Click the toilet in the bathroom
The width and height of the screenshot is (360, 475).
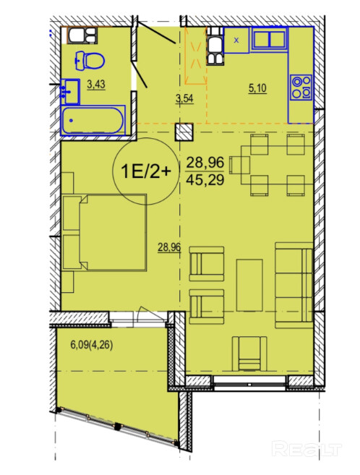[90, 60]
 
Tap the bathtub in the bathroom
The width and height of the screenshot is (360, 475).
[93, 120]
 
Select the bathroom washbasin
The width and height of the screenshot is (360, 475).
[70, 91]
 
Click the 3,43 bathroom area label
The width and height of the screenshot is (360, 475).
[96, 84]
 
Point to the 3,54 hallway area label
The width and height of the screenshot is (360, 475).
[184, 98]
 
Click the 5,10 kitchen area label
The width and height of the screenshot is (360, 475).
[257, 88]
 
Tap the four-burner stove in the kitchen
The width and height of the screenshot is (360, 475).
[301, 87]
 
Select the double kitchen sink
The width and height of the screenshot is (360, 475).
[269, 39]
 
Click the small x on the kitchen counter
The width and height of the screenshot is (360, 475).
[236, 40]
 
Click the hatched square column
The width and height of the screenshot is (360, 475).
[184, 132]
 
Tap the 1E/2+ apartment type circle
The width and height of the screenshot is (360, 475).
[146, 171]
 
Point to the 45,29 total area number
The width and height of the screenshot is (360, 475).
[205, 180]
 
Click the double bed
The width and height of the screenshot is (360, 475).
[105, 233]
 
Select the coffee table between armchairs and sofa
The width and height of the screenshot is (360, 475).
[249, 285]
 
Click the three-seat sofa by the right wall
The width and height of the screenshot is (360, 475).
[293, 285]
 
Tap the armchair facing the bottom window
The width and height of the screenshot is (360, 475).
[249, 354]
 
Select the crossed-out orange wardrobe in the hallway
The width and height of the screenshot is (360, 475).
[195, 55]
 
